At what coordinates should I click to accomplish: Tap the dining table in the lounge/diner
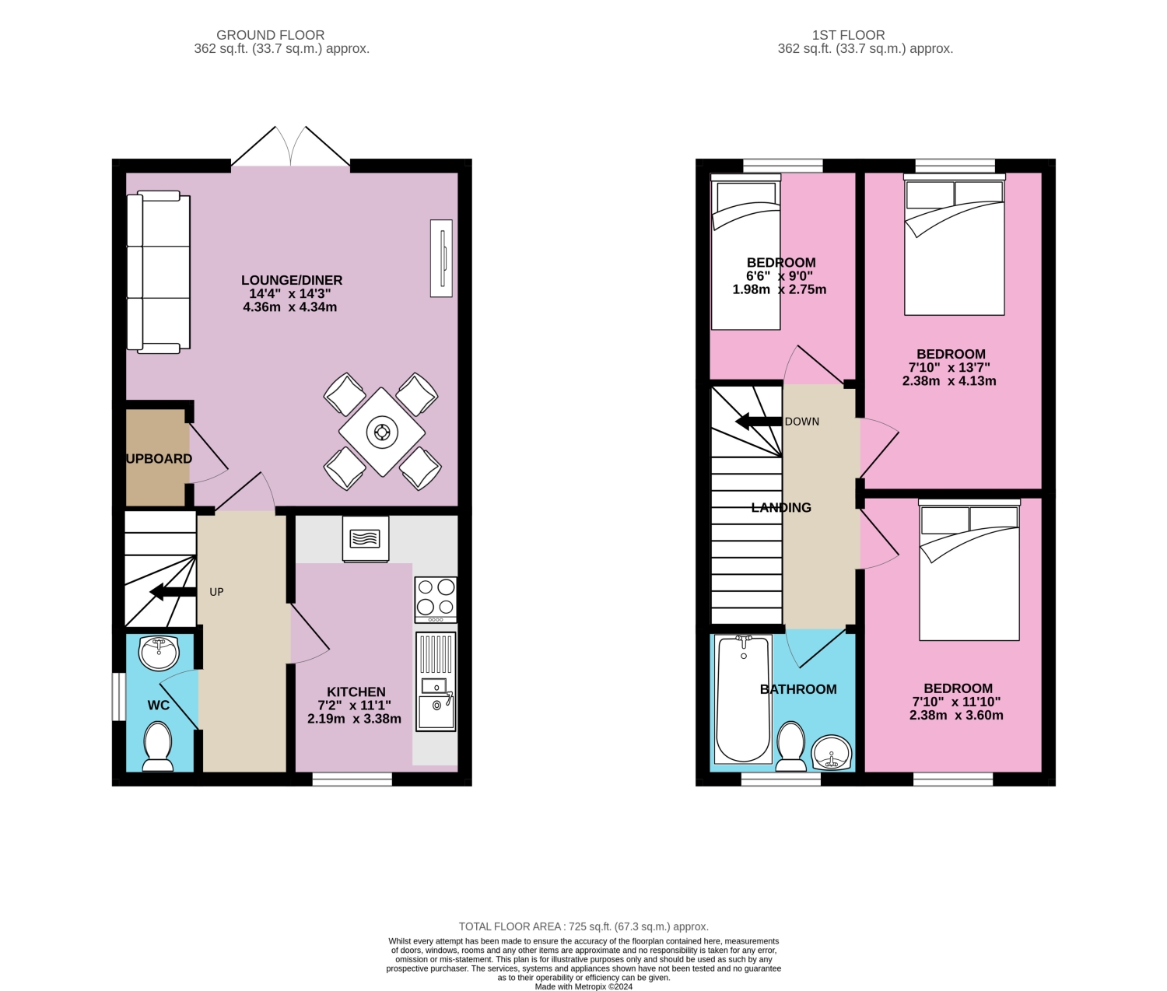pyautogui.click(x=382, y=432)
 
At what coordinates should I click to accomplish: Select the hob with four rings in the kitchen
pyautogui.click(x=436, y=598)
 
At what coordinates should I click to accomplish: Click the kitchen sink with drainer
pyautogui.click(x=436, y=681)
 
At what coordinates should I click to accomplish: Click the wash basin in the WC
pyautogui.click(x=159, y=652)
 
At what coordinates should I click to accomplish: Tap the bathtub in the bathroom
pyautogui.click(x=743, y=699)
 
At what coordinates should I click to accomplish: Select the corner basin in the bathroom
pyautogui.click(x=832, y=752)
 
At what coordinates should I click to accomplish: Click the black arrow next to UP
pyautogui.click(x=172, y=592)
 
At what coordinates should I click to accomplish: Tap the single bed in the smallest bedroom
pyautogui.click(x=745, y=253)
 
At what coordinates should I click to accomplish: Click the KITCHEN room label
pyautogui.click(x=356, y=692)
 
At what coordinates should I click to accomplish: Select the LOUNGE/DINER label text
pyautogui.click(x=292, y=280)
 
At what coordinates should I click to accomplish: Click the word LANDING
pyautogui.click(x=781, y=507)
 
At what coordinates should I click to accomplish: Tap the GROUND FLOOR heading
pyautogui.click(x=270, y=35)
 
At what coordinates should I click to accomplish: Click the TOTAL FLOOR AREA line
pyautogui.click(x=583, y=926)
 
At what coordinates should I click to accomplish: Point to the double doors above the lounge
pyautogui.click(x=291, y=148)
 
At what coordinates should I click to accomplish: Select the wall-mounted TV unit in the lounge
pyautogui.click(x=441, y=258)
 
